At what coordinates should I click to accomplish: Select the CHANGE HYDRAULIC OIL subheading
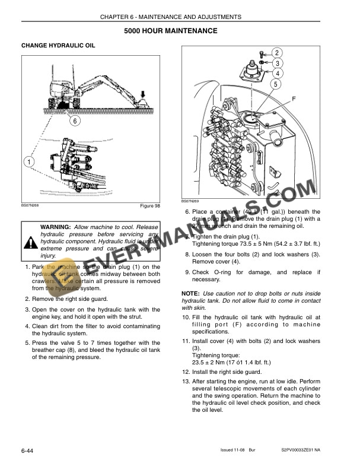pyautogui.click(x=58, y=46)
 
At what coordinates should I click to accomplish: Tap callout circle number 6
pyautogui.click(x=75, y=121)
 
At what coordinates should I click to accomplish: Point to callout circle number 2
pyautogui.click(x=277, y=53)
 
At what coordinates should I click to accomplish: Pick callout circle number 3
pyautogui.click(x=277, y=63)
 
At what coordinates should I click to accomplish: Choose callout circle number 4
pyautogui.click(x=277, y=74)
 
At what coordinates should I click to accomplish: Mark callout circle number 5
pyautogui.click(x=277, y=84)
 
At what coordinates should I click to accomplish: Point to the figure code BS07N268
pyautogui.click(x=31, y=205)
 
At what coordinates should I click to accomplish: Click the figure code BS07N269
pyautogui.click(x=191, y=202)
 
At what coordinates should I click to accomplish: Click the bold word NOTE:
pyautogui.click(x=190, y=294)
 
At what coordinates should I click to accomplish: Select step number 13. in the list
pyautogui.click(x=186, y=381)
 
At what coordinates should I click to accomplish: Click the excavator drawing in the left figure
pyautogui.click(x=95, y=89)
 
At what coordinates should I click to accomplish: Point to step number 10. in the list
pyautogui.click(x=186, y=317)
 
